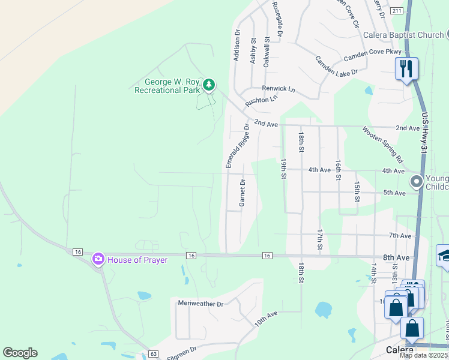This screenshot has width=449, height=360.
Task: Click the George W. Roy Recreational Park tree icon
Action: pyautogui.click(x=209, y=86)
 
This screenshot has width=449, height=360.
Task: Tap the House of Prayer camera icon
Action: pyautogui.click(x=97, y=259)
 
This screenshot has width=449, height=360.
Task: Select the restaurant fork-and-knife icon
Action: pyautogui.click(x=406, y=68)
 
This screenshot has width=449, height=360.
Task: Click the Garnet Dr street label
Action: pyautogui.click(x=243, y=193)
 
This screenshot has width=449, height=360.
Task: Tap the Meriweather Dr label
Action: pyautogui.click(x=200, y=304)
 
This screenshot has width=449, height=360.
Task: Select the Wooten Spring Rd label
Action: pyautogui.click(x=382, y=145)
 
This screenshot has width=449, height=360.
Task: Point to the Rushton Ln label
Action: pyautogui.click(x=261, y=101)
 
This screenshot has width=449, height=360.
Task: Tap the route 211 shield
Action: pyautogui.click(x=396, y=11)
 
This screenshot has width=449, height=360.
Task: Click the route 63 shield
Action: pyautogui.click(x=153, y=355)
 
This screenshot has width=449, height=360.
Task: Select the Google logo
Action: pyautogui.click(x=20, y=353)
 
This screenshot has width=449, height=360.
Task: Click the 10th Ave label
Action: pyautogui.click(x=265, y=319)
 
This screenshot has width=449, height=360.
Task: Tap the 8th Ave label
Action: pyautogui.click(x=396, y=257)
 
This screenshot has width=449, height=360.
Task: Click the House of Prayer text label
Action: pyautogui.click(x=137, y=260)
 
